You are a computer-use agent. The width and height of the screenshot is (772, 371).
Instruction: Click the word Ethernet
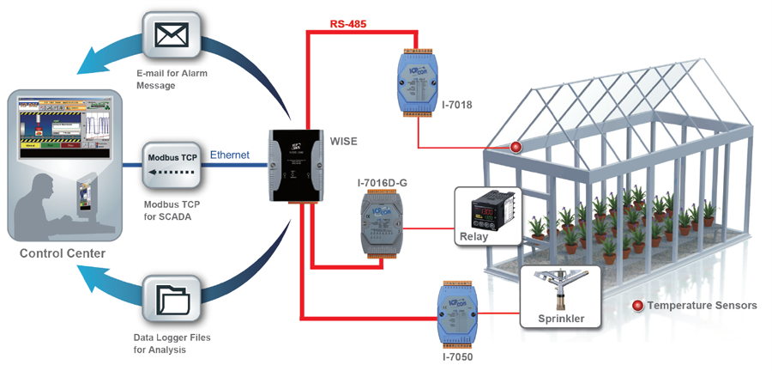coord(230,155)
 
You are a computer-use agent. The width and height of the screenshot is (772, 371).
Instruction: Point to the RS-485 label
coord(347,24)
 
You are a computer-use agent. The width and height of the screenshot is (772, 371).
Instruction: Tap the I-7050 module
coord(454,313)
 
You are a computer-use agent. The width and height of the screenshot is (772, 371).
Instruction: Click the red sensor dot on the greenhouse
coord(516,147)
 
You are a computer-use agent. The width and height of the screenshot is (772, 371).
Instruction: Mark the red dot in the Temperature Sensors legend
coord(637,305)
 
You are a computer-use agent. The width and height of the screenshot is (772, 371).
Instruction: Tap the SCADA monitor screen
coord(61,128)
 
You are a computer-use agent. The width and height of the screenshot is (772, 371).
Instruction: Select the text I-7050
coord(455,355)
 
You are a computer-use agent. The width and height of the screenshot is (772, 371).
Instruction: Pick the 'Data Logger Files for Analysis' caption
coord(172,344)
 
